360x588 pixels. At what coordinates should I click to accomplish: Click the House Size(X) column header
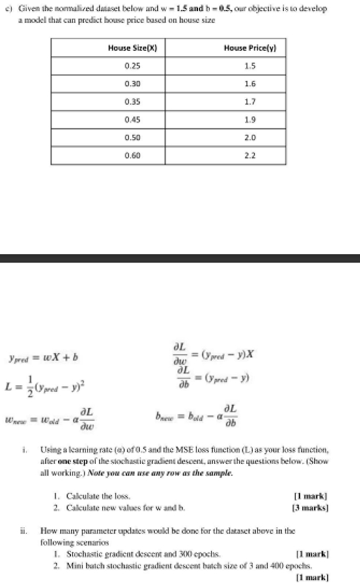(x=132, y=48)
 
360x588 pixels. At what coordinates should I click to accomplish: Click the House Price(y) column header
(x=249, y=48)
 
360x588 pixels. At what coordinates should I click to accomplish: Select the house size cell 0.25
(x=132, y=66)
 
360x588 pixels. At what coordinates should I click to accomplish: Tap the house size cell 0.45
(x=132, y=119)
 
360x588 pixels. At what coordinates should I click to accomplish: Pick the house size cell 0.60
(x=132, y=154)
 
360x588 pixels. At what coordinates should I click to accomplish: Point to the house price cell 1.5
(x=249, y=66)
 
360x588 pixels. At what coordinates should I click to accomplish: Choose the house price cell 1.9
(x=249, y=119)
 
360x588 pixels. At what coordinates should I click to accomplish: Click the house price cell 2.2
(x=249, y=154)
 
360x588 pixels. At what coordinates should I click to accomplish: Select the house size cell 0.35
(x=132, y=101)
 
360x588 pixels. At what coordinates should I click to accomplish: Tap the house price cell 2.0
(x=249, y=136)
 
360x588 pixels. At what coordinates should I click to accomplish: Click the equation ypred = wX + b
(x=43, y=358)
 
